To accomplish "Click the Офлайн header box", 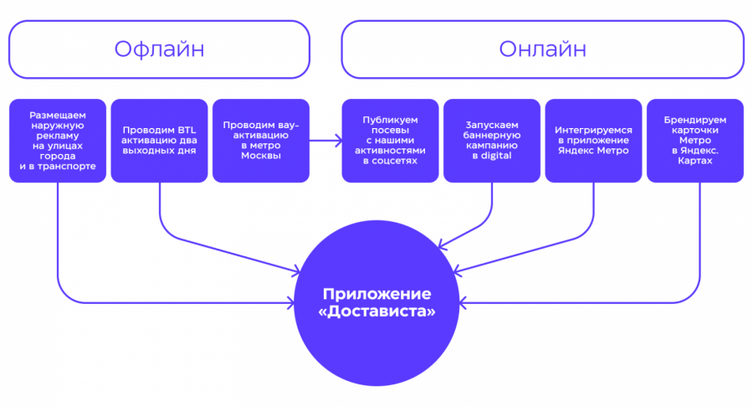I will [x=159, y=49].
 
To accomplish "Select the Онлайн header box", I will [x=542, y=49].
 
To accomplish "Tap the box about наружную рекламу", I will [x=58, y=141].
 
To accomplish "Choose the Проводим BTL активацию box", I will [x=159, y=141].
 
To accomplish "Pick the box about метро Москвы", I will [x=260, y=141].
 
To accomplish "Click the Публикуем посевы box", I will [x=391, y=141].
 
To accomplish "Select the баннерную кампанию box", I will [x=492, y=141].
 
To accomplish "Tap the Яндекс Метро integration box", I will [x=593, y=141].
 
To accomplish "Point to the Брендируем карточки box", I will [x=694, y=141].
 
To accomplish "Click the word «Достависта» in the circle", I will [x=377, y=312].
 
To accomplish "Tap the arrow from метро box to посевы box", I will [x=325, y=141].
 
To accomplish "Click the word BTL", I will [x=185, y=130].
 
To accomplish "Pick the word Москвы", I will [x=260, y=157].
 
